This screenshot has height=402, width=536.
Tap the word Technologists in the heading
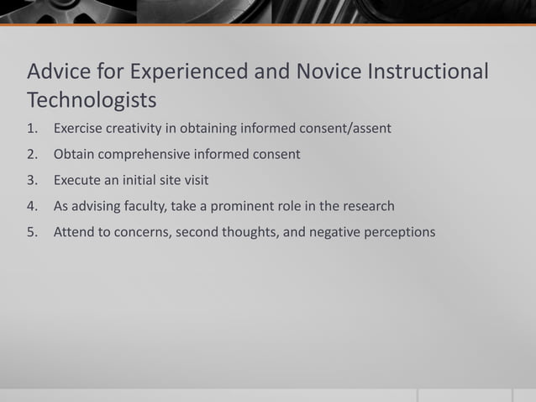[x=92, y=100]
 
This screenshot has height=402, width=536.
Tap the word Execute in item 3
[x=76, y=180]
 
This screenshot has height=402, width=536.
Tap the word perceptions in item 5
[x=399, y=232]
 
